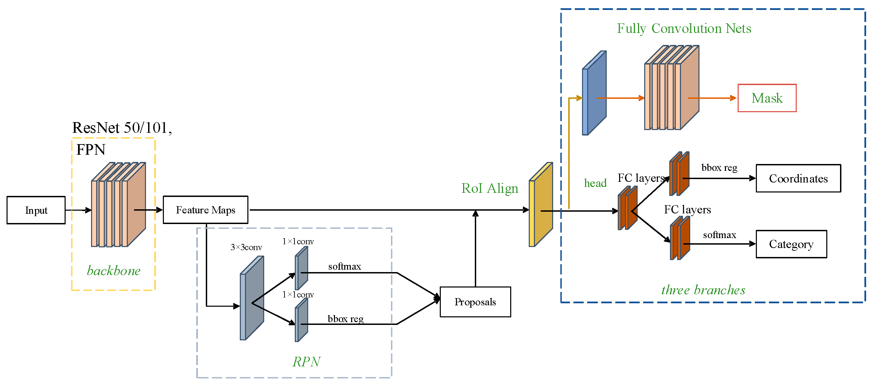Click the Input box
tap(36, 210)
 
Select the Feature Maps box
tap(205, 210)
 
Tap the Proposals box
tap(475, 302)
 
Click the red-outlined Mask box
tap(767, 98)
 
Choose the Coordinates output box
tap(798, 178)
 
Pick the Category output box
tap(791, 244)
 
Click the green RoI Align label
tap(490, 188)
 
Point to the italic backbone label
tap(113, 271)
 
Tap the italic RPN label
tap(306, 362)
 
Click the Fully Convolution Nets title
tap(684, 28)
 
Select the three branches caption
tap(703, 290)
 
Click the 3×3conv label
tap(246, 247)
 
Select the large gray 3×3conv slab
tap(252, 298)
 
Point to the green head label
tap(595, 183)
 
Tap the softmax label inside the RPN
tap(344, 267)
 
